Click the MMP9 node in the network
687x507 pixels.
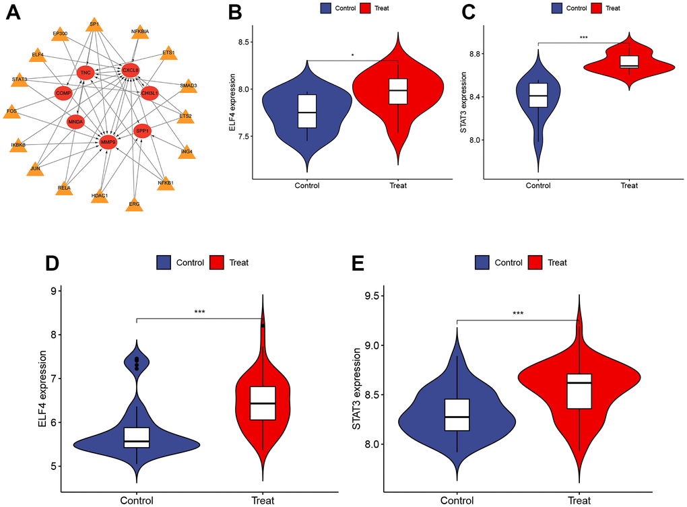pos(108,142)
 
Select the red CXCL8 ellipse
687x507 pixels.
pos(130,69)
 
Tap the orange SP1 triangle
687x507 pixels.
pos(94,26)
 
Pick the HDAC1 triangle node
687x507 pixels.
pos(100,196)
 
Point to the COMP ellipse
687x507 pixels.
pos(64,92)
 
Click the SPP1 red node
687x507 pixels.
pos(142,131)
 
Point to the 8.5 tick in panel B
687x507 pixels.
pos(240,42)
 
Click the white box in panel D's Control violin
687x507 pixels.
pos(137,437)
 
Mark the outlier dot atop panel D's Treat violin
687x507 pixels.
pos(263,325)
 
